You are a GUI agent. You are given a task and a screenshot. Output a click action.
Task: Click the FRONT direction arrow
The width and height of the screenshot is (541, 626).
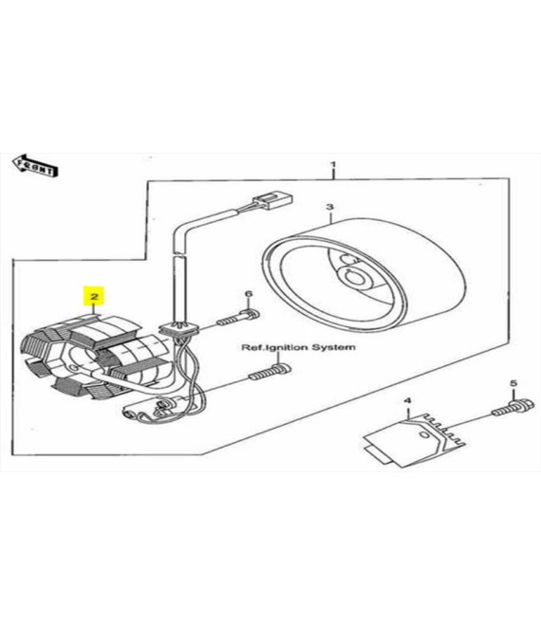coord(35,166)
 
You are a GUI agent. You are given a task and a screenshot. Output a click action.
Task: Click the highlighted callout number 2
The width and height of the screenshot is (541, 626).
coord(94,296)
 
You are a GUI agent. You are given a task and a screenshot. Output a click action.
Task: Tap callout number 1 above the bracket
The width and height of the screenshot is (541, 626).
coord(333,164)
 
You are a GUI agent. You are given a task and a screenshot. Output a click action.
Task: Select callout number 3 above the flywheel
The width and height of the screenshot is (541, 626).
coord(329,207)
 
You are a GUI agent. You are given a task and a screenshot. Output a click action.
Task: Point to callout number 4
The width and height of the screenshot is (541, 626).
coord(407,400)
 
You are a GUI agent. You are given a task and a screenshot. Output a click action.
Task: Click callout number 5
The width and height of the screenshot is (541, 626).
coord(513,383)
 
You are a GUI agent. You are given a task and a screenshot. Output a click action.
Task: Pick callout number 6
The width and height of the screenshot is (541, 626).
coord(249,294)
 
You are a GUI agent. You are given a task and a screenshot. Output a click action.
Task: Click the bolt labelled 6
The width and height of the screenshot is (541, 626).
coord(238,318)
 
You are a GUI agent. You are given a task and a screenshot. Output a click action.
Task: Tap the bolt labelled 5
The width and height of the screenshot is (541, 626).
coord(513,407)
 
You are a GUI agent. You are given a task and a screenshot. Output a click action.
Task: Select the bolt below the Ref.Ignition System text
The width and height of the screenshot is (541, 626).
coord(270,372)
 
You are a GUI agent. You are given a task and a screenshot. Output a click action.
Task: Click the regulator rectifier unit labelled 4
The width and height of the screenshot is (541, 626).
coord(416,438)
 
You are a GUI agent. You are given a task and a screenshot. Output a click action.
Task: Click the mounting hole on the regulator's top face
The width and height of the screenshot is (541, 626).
coord(423,434)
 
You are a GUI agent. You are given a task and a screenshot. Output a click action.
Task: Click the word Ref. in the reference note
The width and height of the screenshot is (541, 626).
coord(252,348)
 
